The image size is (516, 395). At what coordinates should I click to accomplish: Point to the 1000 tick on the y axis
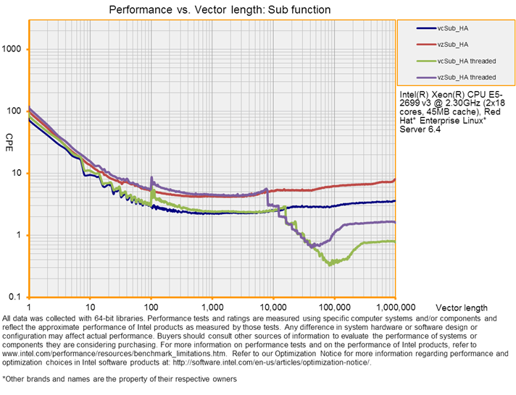14,49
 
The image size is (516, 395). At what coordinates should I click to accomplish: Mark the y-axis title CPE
9,137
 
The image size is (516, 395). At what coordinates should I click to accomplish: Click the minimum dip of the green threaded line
330,264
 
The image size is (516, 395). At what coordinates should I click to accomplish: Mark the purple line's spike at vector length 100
151,177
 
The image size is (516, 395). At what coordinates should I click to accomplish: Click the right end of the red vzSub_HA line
395,179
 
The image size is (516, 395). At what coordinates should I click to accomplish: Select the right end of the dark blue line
395,201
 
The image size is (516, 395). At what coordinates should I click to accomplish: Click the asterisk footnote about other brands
120,378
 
